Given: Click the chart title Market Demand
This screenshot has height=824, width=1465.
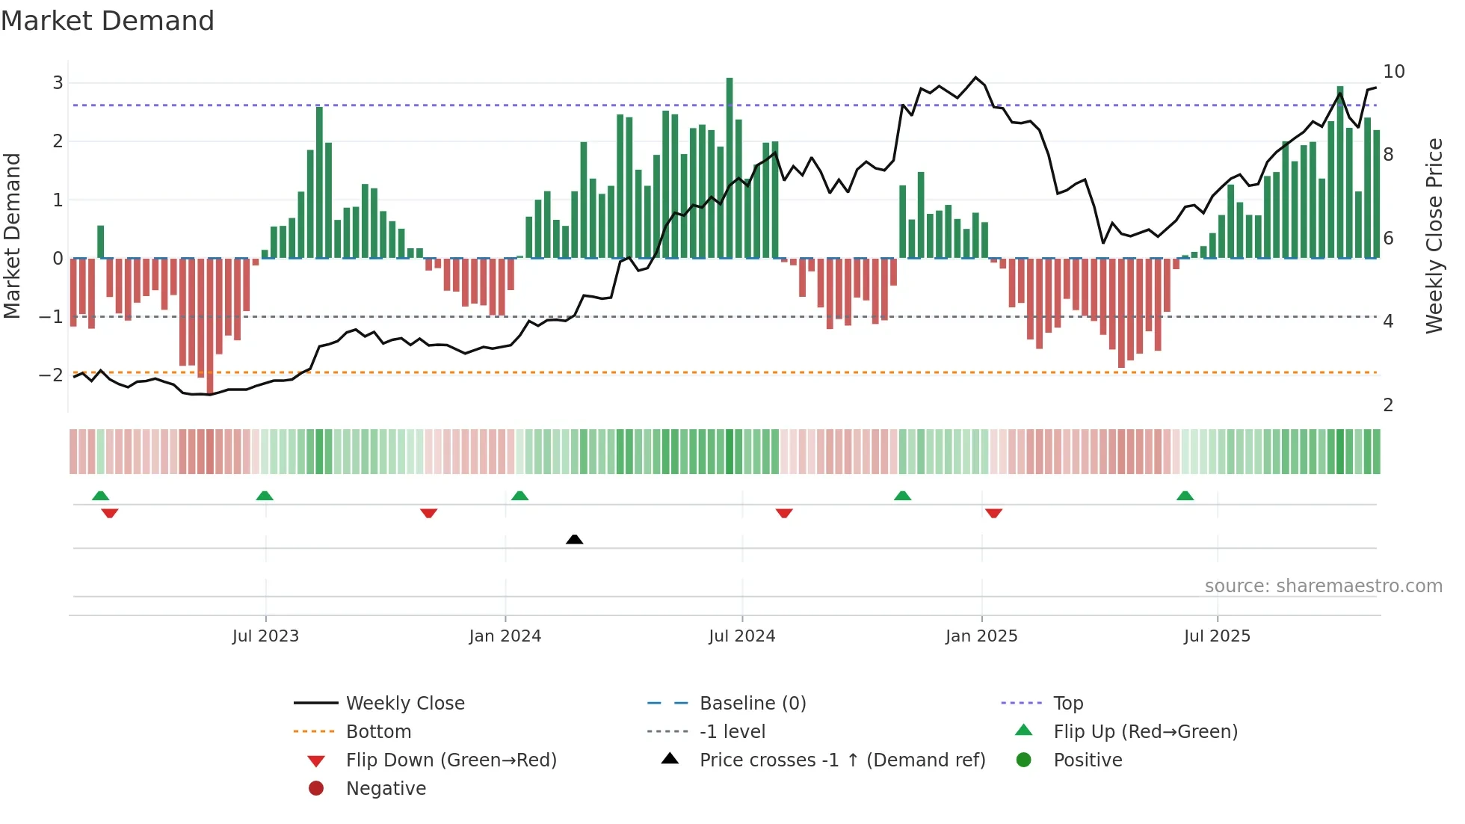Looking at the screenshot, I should [108, 21].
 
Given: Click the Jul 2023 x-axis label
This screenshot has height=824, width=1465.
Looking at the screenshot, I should [265, 636].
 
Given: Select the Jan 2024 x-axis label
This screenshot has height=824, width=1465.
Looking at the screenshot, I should [505, 636].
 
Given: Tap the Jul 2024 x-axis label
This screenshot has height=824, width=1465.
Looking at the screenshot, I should [741, 636].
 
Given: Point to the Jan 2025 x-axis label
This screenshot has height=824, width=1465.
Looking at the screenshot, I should [981, 636].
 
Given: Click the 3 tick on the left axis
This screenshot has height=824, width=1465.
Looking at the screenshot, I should [58, 83].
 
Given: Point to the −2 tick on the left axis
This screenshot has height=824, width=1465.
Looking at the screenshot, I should [52, 375].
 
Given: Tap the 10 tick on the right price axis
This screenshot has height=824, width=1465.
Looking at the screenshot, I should [1393, 72].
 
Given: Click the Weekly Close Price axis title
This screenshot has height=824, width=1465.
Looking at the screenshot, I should [1434, 236].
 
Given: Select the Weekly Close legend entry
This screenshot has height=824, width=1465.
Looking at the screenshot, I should [404, 704].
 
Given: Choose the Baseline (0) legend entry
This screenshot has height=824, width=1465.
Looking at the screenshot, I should [752, 704].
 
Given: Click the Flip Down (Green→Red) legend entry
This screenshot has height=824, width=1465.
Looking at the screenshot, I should [451, 760].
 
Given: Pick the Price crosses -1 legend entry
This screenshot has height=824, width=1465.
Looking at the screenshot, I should [842, 760].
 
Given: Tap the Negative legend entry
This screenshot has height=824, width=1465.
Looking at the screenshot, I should [386, 789].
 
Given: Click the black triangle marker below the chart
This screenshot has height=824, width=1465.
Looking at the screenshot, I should [574, 539].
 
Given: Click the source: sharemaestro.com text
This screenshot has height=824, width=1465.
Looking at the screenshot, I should [1323, 586].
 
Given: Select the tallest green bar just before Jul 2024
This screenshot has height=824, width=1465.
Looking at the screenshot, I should [730, 168].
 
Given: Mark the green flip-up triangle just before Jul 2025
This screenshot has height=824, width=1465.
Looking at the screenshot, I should [1185, 496].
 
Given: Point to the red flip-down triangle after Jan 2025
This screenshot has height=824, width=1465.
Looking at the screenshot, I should [993, 513].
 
